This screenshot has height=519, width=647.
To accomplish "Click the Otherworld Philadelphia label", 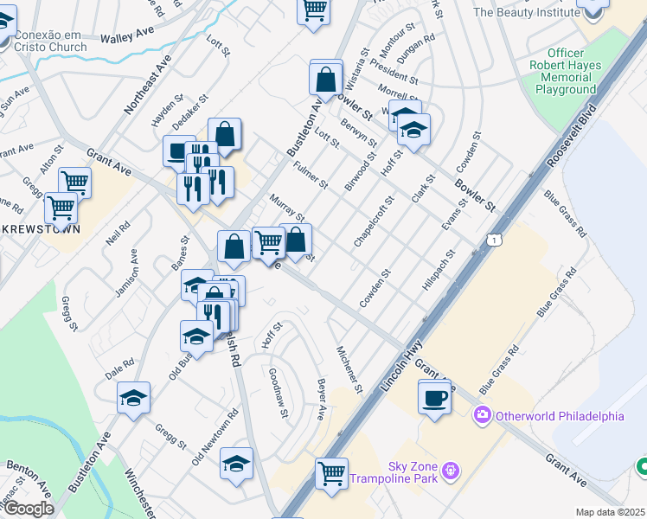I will click(559, 416).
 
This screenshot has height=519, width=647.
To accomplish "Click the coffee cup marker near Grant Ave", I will click(434, 399).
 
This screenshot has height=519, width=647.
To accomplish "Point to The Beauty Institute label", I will click(524, 12).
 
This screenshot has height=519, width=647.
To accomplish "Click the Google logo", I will click(28, 509).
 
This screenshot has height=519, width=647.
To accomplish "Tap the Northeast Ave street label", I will click(146, 85).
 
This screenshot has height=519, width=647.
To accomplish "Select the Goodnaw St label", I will click(277, 392).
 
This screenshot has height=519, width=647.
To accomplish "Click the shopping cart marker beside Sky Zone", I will click(331, 474).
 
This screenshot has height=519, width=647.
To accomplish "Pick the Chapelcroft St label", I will click(373, 222).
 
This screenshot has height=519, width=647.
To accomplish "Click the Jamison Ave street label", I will click(126, 274).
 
